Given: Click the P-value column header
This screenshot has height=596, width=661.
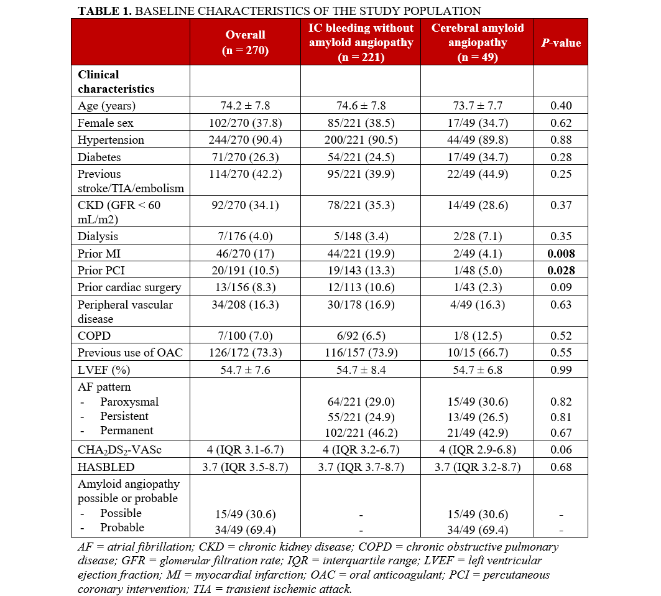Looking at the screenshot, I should tap(560, 43).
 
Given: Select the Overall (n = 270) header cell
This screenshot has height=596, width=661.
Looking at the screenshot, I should tap(245, 43).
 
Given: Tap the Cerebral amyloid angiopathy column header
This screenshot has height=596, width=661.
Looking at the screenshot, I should tap(477, 43).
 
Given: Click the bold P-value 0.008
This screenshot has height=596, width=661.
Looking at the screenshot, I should tap(560, 254).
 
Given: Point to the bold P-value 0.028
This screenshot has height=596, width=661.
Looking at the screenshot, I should tap(560, 271).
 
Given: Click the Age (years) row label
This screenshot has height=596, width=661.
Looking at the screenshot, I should tap(107, 106).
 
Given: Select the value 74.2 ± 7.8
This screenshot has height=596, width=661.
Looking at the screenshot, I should tap(245, 106).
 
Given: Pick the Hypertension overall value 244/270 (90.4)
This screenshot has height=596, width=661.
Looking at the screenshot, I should tap(245, 140).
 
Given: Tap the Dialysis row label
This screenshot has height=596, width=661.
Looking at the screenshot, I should tap(98, 236).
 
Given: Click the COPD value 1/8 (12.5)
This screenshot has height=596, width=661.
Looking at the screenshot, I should tap(477, 335).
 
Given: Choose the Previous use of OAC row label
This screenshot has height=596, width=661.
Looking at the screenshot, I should tap(130, 352).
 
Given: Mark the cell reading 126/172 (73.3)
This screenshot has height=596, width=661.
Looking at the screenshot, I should tap(245, 352).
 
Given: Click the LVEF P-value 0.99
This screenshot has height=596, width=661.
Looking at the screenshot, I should tap(560, 370).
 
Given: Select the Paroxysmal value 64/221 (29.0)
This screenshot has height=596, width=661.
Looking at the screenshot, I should tap(361, 402).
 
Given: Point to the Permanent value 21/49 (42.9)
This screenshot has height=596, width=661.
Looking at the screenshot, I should tap(477, 431).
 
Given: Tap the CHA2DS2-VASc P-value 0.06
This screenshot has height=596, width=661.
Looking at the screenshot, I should tap(560, 450).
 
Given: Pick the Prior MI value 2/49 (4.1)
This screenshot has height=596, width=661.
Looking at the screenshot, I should tap(477, 254).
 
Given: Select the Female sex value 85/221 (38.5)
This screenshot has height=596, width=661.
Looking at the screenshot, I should tap(361, 123).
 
